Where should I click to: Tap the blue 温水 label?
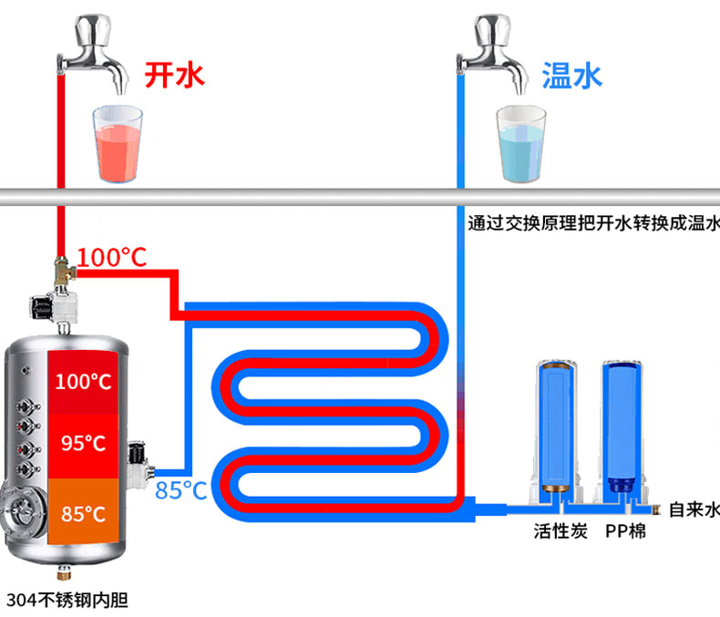click(x=572, y=75)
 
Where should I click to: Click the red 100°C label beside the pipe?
click(x=111, y=257)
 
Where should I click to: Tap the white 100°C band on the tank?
click(x=82, y=381)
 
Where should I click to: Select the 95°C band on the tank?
click(x=83, y=444)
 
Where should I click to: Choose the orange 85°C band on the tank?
click(x=83, y=513)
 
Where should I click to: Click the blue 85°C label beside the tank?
click(x=180, y=491)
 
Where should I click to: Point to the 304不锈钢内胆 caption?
click(x=66, y=601)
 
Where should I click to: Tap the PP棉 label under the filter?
click(x=625, y=530)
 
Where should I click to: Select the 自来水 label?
click(x=694, y=509)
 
